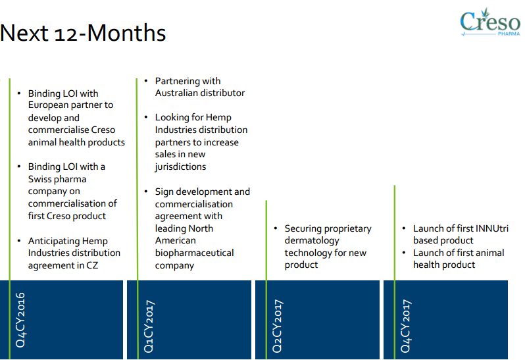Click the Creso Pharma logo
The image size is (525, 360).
(490, 22)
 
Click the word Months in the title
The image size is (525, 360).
(126, 33)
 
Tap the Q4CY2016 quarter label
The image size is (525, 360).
(20, 320)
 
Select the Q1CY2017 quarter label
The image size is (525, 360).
(149, 326)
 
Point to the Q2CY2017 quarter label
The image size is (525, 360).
(277, 326)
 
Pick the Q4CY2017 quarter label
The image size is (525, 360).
(405, 326)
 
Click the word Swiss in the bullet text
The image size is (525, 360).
(40, 179)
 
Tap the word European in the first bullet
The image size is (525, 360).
(48, 105)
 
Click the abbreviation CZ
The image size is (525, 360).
(92, 265)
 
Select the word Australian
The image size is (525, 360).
(176, 93)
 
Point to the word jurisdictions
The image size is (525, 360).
(180, 167)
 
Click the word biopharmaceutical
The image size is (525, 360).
(194, 253)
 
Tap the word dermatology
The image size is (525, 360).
(312, 241)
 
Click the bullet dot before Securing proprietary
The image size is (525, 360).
(276, 228)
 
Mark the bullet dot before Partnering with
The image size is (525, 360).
(146, 81)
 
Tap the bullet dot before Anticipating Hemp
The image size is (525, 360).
(19, 241)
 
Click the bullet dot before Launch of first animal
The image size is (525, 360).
(404, 253)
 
